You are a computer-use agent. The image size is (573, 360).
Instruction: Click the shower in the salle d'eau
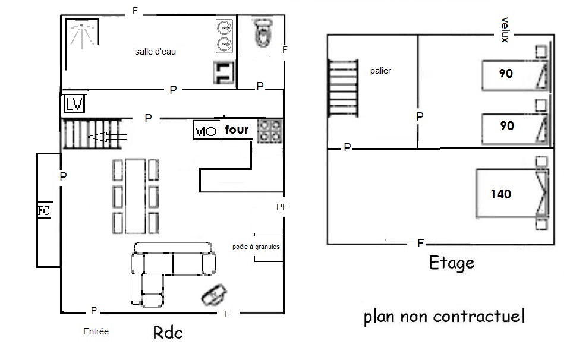82,34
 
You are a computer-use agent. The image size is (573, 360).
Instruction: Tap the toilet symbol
262,33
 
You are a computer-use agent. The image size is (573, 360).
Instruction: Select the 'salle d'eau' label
155,52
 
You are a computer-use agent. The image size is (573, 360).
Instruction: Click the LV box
74,104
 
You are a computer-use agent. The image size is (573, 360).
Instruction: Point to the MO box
206,130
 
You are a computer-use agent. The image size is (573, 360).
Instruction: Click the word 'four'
237,130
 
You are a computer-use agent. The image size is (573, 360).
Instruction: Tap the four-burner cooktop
270,131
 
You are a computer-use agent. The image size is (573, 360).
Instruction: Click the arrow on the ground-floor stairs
107,137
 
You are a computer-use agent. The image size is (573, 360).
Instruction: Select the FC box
44,211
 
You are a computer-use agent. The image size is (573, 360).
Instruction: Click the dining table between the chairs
136,195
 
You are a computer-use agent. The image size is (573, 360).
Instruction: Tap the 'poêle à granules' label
256,247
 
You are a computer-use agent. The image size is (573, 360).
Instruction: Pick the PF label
282,207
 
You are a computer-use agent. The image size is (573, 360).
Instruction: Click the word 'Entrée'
96,331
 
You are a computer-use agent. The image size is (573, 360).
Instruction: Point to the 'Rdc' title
168,332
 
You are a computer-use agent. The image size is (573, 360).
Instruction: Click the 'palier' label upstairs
380,71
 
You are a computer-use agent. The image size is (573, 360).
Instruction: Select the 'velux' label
505,30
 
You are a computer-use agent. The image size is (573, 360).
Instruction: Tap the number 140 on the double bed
500,194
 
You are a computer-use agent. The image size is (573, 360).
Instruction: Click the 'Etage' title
452,263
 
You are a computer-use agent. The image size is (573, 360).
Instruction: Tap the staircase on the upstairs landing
343,89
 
